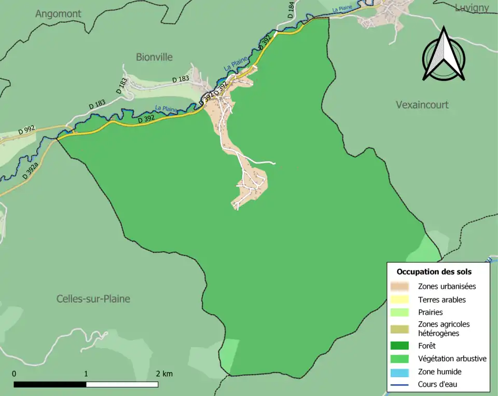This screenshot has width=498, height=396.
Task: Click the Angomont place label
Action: pyautogui.click(x=58, y=14)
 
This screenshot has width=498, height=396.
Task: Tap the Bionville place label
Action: pyautogui.click(x=154, y=57)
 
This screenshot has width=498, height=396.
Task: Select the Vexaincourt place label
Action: pyautogui.click(x=422, y=105)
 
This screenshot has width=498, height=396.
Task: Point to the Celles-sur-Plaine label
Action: pyautogui.click(x=93, y=299)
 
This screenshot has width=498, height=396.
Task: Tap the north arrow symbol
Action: pyautogui.click(x=444, y=54)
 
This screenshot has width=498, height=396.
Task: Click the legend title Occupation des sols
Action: pyautogui.click(x=434, y=271)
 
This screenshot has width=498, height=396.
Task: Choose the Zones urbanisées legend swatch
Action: pyautogui.click(x=402, y=286)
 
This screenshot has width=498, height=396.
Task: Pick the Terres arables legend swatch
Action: pyautogui.click(x=402, y=299)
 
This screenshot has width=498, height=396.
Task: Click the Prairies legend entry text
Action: pyautogui.click(x=430, y=312)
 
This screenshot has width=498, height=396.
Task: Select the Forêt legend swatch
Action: pyautogui.click(x=402, y=346)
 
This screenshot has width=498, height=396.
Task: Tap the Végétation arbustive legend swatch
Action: pyautogui.click(x=402, y=359)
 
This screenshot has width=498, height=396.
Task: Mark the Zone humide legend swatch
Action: pyautogui.click(x=402, y=372)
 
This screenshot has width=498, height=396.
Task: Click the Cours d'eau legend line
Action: pyautogui.click(x=402, y=385)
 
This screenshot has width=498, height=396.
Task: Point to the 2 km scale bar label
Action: pyautogui.click(x=164, y=374)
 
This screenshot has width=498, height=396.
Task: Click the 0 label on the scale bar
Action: pyautogui.click(x=14, y=374)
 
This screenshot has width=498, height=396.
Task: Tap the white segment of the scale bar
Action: pyautogui.click(x=122, y=385)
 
